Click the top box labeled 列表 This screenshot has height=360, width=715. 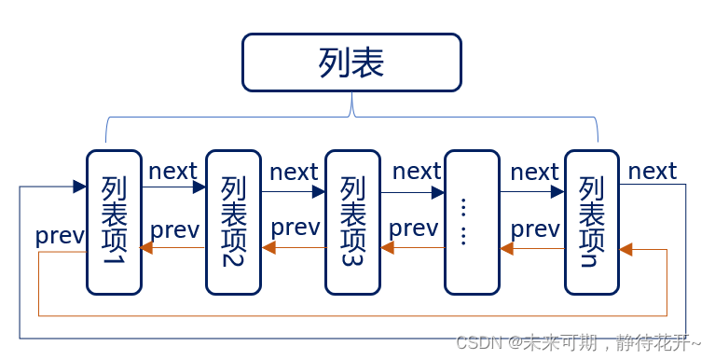tap(351, 62)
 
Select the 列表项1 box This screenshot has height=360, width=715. tap(114, 221)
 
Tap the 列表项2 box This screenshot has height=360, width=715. tap(233, 221)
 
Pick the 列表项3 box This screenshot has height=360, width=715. tap(352, 221)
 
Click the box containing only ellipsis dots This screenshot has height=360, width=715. tap(472, 221)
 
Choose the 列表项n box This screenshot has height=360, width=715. tap(592, 221)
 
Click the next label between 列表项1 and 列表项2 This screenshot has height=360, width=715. tap(172, 172)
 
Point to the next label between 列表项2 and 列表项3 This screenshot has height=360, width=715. tap(294, 173)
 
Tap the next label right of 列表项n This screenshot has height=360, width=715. tap(652, 172)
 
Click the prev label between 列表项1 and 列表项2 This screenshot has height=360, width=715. tap(174, 229)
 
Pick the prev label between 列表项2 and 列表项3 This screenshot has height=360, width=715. tap(295, 228)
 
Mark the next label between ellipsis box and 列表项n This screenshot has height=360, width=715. tap(534, 173)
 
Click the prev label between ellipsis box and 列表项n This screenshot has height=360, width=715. tap(535, 228)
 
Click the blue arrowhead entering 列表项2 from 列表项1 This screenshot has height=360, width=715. tap(199, 187)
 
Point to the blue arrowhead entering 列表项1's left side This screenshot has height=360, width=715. tap(80, 187)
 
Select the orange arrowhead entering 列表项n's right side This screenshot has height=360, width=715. tap(626, 249)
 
